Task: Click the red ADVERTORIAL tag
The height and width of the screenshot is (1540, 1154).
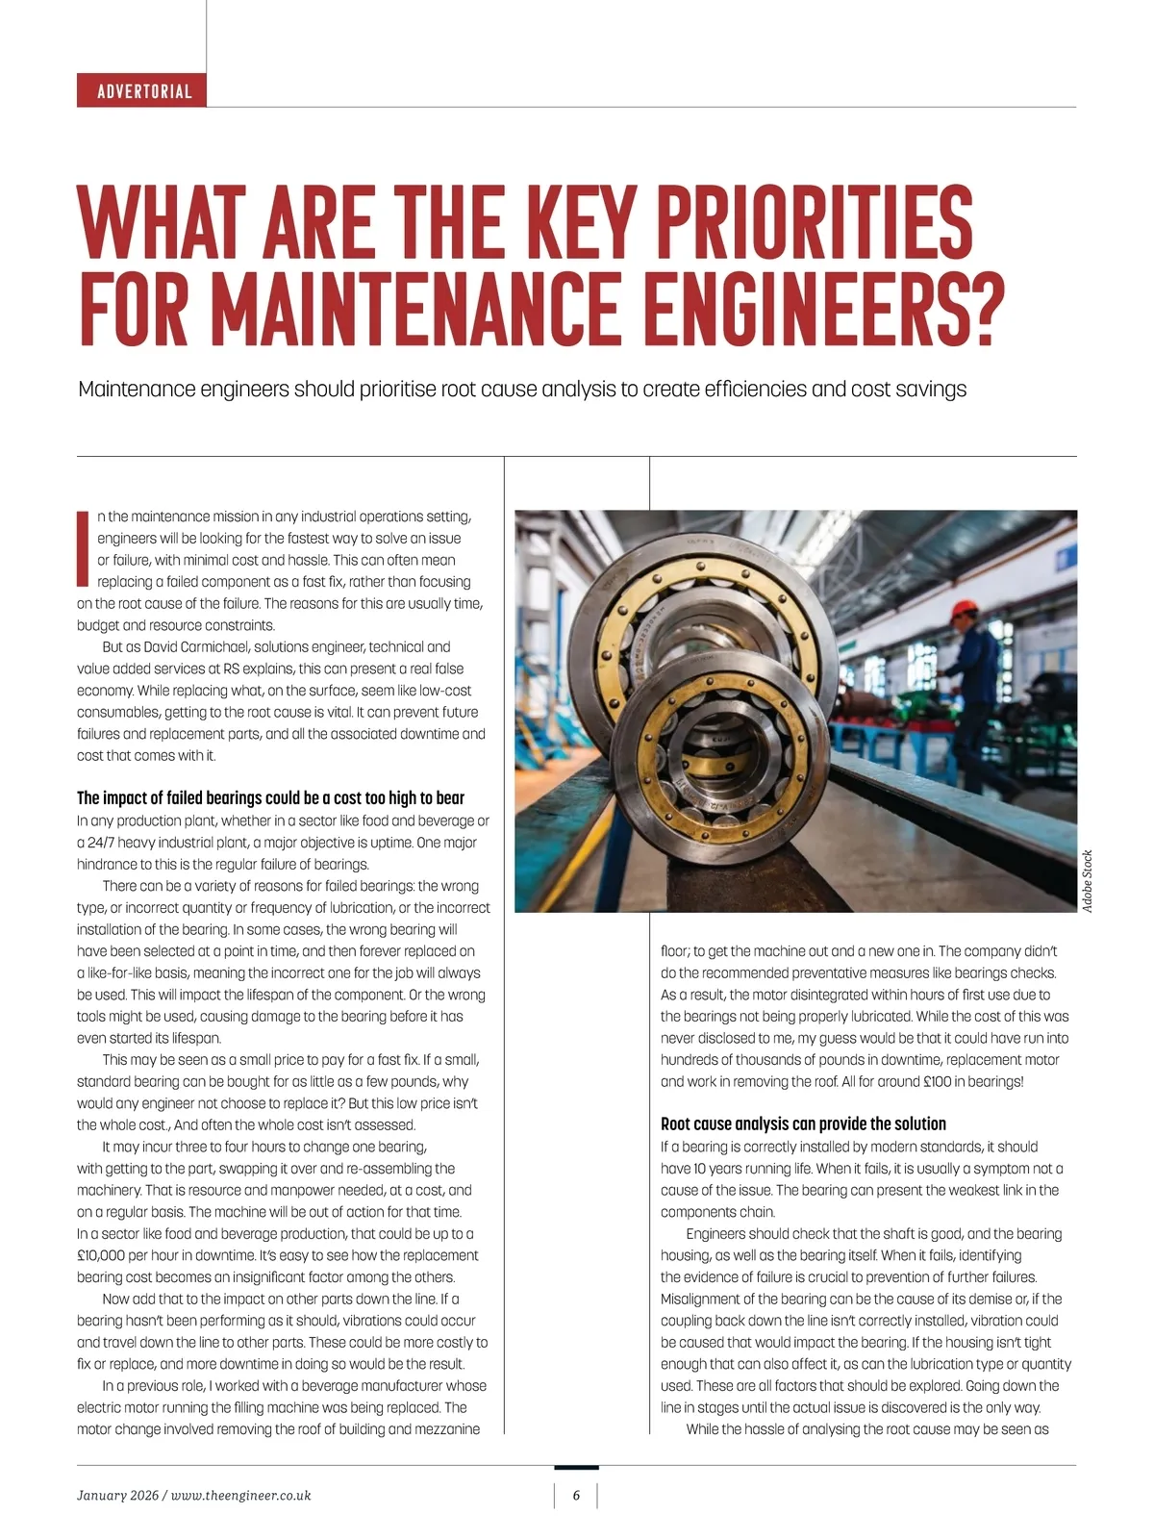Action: point(142,91)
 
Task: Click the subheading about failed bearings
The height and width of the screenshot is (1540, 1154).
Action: point(270,797)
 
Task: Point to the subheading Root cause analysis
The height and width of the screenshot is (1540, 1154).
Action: point(803,1123)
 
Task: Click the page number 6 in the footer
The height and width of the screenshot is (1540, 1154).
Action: point(576,1495)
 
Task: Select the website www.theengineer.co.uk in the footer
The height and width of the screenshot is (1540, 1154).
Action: point(240,1495)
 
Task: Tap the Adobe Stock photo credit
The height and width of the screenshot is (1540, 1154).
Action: point(1087,881)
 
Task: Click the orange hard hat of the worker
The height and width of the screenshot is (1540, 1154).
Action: point(964,611)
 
